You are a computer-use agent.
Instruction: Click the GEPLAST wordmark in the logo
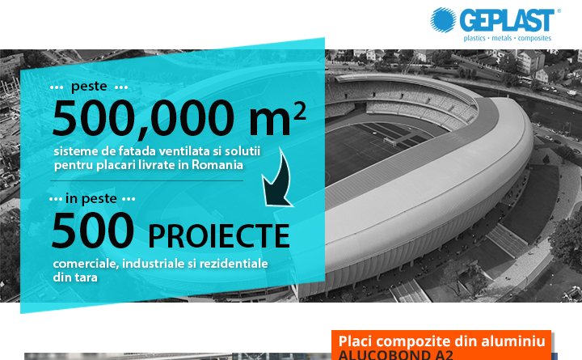pos(507,20)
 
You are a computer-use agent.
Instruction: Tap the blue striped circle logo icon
pos(443,19)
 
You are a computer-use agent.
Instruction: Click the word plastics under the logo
pos(474,38)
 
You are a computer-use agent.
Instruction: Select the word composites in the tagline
pos(534,38)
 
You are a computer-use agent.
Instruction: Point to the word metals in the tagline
pos(501,38)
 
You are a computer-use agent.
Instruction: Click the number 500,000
pos(143,118)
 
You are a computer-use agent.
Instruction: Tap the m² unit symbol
pos(277,118)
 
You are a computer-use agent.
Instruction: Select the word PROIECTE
pos(219,235)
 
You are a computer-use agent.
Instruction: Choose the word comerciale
pos(86,264)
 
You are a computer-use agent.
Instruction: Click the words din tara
pos(75,277)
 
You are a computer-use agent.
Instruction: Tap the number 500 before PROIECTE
pos(93,230)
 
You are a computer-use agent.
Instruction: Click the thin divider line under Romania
pos(146,181)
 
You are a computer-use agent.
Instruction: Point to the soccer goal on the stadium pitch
pos(390,142)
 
